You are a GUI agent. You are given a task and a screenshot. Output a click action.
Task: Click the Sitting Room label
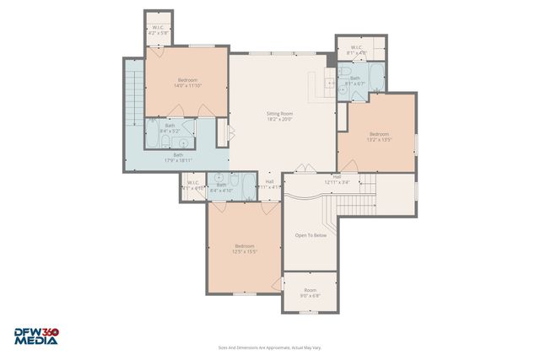(x=279, y=116)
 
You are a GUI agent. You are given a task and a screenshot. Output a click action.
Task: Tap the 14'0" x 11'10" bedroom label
(x=187, y=83)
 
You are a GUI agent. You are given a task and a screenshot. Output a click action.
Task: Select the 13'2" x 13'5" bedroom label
(x=379, y=137)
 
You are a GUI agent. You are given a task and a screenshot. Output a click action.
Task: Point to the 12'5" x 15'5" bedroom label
(x=245, y=249)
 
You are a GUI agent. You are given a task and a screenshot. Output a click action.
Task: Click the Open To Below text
(x=310, y=235)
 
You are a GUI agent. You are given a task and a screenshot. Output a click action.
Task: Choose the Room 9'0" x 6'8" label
(x=310, y=293)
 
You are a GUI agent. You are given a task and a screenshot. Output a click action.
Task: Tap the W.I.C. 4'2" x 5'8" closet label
(x=159, y=30)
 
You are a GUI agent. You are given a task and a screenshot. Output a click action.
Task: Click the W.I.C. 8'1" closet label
(x=355, y=49)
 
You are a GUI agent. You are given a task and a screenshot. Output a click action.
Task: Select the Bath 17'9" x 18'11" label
(x=179, y=157)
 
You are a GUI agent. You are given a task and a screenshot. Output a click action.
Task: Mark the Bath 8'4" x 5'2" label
(x=170, y=128)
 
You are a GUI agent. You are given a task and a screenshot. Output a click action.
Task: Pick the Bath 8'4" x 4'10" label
(x=221, y=187)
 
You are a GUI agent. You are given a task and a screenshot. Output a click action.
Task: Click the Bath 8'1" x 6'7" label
(x=355, y=81)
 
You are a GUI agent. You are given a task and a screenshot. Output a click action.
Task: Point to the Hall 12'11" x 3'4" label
(x=337, y=179)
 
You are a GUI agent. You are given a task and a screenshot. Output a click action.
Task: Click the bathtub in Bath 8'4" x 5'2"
(x=155, y=132)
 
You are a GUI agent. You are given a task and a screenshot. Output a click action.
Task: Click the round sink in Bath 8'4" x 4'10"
(x=219, y=178)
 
